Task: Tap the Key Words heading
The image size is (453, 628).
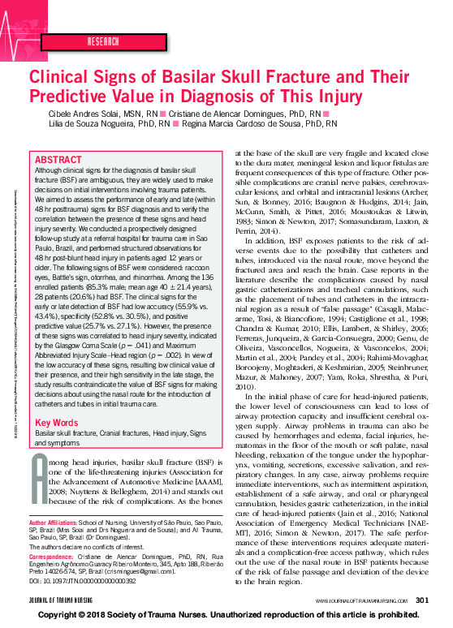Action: coord(56,423)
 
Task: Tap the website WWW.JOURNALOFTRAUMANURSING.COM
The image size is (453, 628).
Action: coord(362,600)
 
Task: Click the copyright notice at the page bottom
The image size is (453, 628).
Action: coord(226,616)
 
